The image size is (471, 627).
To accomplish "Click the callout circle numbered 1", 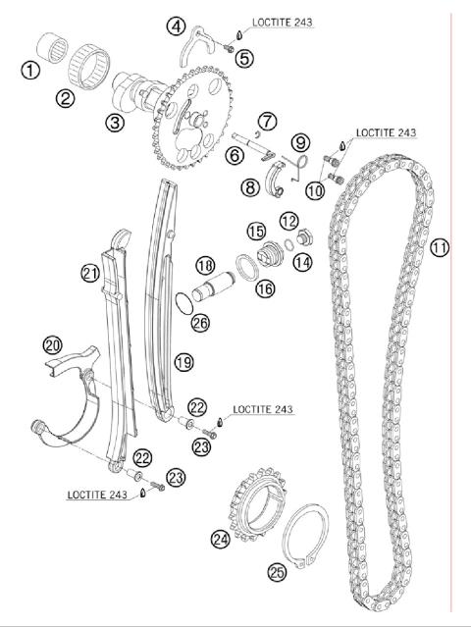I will coord(32,70).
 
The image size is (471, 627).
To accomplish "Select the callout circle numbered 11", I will coord(439,248).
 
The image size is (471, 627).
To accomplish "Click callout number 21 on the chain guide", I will coord(90,273).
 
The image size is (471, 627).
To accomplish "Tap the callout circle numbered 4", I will coord(175,26).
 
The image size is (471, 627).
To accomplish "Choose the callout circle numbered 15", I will coord(256,232).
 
